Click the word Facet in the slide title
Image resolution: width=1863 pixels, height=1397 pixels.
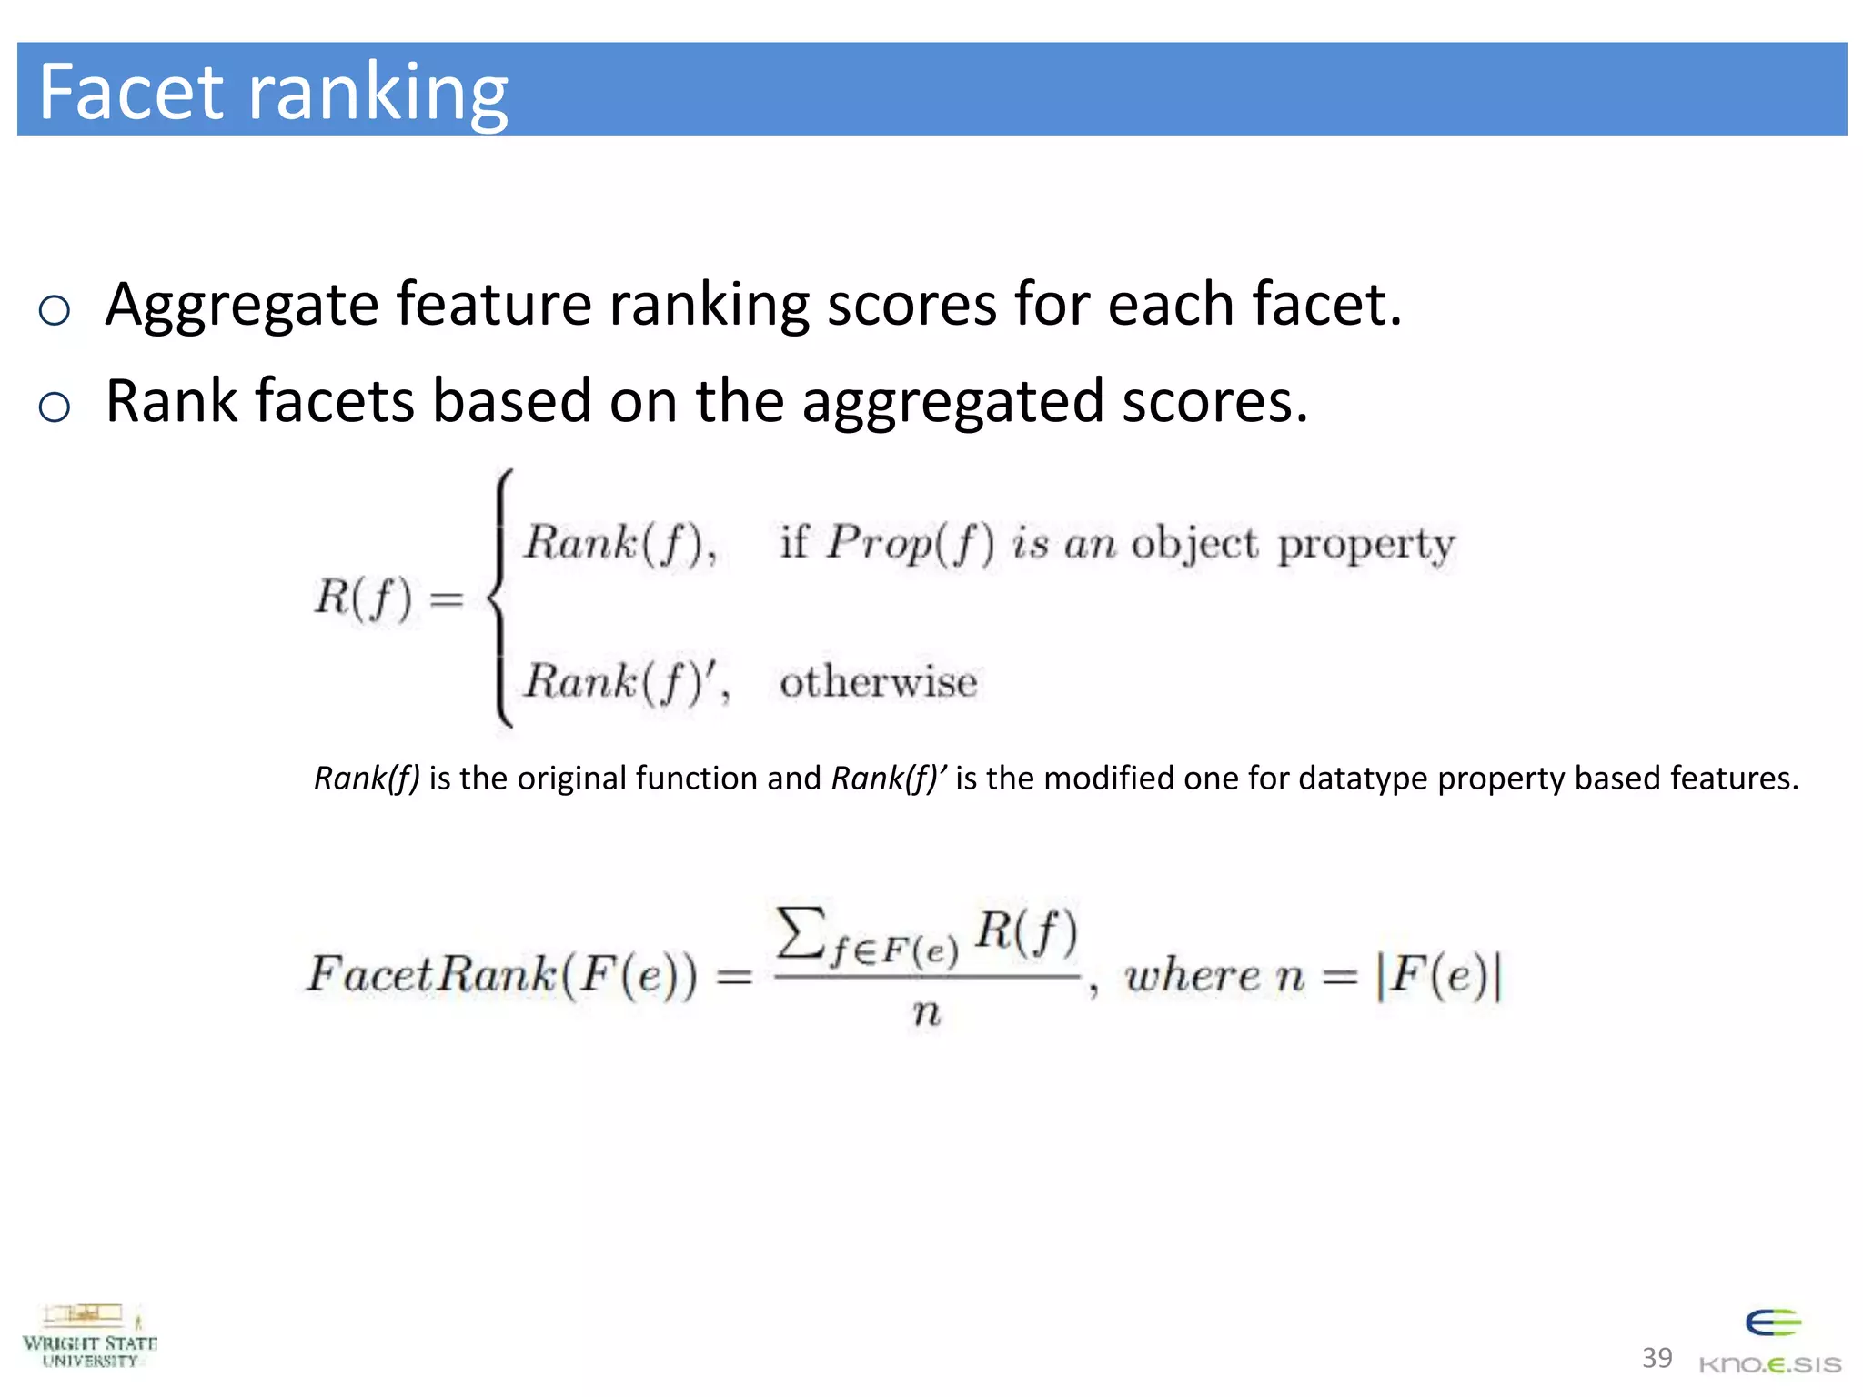coord(131,91)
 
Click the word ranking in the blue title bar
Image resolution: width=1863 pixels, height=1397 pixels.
coord(378,95)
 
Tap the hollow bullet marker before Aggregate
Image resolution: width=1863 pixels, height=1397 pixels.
coord(55,311)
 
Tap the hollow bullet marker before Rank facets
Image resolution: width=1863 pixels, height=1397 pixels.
coord(55,407)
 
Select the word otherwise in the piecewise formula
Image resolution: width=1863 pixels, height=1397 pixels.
coord(878,682)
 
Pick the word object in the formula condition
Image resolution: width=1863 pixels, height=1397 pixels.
coord(1194,545)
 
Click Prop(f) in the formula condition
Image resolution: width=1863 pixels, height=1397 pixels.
coord(910,545)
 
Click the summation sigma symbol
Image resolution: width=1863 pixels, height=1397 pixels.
coord(801,932)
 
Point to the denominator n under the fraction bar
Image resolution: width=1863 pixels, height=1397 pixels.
coord(926,1011)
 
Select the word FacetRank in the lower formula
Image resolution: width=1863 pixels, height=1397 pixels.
coord(431,974)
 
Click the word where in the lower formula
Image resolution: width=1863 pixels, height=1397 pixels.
coord(1193,976)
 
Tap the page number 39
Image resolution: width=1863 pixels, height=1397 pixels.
coord(1657,1358)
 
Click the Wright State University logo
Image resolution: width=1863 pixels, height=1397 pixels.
coord(89,1337)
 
